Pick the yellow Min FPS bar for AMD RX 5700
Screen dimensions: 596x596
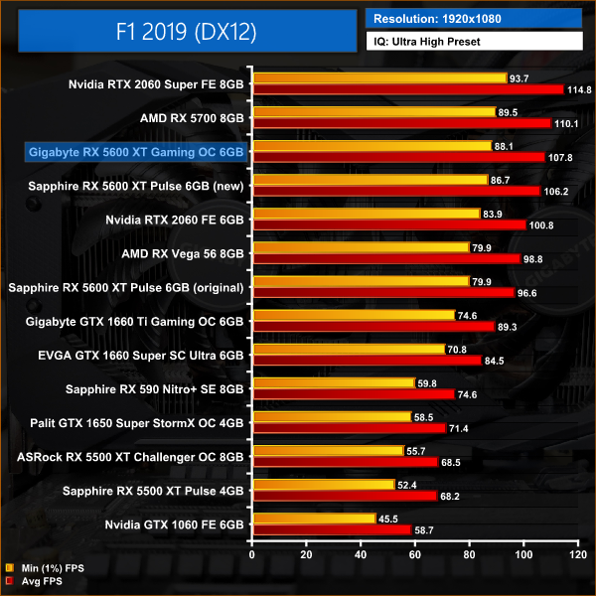click(374, 112)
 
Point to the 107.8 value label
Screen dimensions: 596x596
click(559, 157)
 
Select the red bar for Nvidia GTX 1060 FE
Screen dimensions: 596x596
click(332, 530)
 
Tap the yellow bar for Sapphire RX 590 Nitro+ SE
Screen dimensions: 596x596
click(334, 382)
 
